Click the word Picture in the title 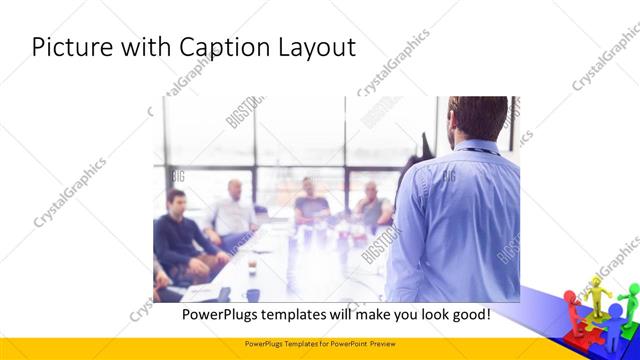pos(71,47)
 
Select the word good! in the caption pos(468,314)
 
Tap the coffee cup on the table pos(252,267)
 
